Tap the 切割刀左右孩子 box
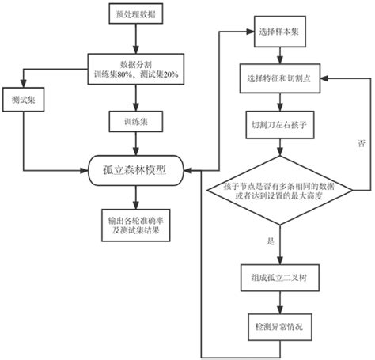pyautogui.click(x=279, y=124)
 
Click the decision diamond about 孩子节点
pyautogui.click(x=279, y=189)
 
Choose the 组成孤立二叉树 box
pyautogui.click(x=279, y=276)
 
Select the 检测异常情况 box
pyautogui.click(x=279, y=325)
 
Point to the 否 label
pyautogui.click(x=361, y=143)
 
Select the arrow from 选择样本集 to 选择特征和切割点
pyautogui.click(x=279, y=55)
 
